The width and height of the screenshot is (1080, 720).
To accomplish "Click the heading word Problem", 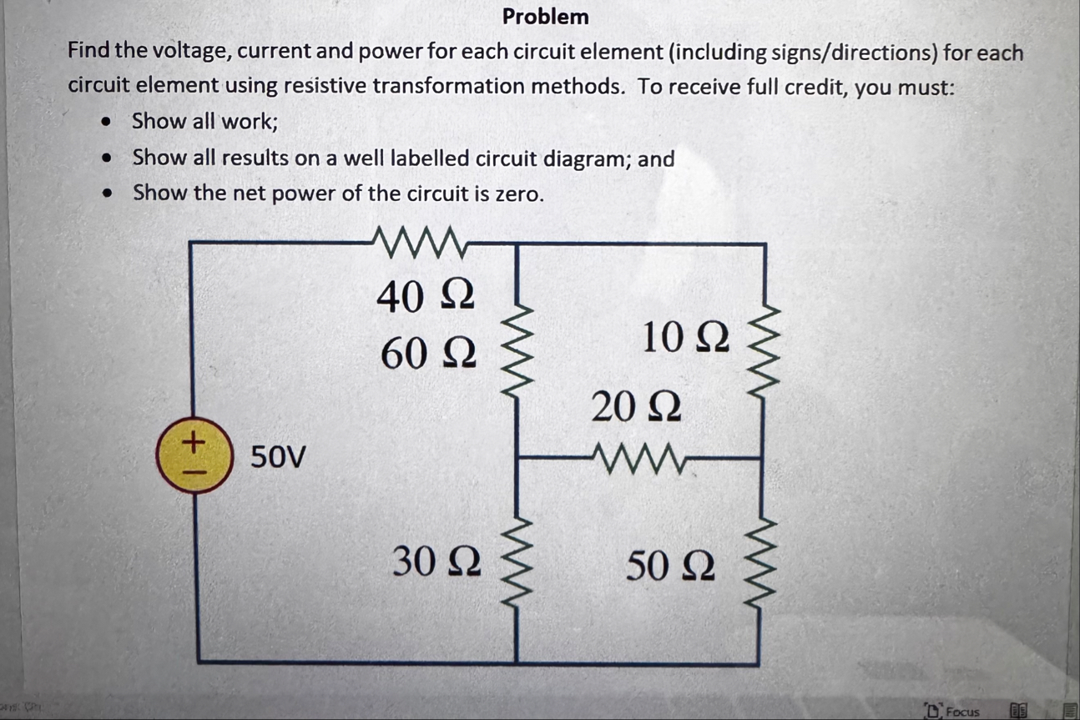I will click(x=545, y=17).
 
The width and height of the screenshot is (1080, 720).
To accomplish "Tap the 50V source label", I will click(x=279, y=457).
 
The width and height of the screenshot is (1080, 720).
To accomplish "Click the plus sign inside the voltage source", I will click(x=192, y=440).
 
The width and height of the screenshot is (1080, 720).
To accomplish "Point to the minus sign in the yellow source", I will click(x=192, y=471).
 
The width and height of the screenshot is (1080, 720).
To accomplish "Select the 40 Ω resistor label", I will click(x=426, y=297).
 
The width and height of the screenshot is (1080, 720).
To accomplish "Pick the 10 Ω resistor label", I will click(x=686, y=337).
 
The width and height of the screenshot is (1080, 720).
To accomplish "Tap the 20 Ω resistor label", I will click(x=637, y=408).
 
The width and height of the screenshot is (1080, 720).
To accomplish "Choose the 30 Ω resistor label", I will click(x=437, y=563).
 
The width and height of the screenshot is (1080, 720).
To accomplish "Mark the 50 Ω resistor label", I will click(x=670, y=567).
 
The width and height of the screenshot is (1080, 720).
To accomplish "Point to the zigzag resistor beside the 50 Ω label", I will click(x=761, y=559).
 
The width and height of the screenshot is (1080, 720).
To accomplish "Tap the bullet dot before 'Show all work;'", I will click(x=106, y=122).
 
